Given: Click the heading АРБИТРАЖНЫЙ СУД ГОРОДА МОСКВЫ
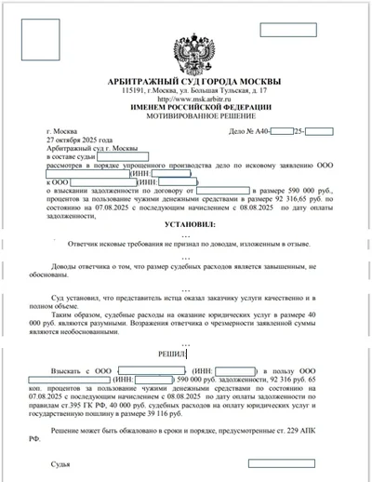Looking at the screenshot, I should (186, 81).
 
